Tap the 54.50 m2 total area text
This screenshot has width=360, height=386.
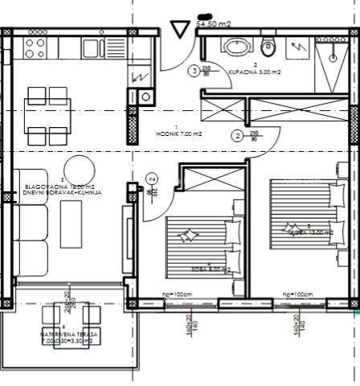click(x=214, y=24)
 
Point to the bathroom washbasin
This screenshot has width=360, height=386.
click(x=235, y=47)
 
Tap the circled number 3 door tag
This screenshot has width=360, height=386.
click(x=194, y=71)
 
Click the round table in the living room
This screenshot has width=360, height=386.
click(x=79, y=170)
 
